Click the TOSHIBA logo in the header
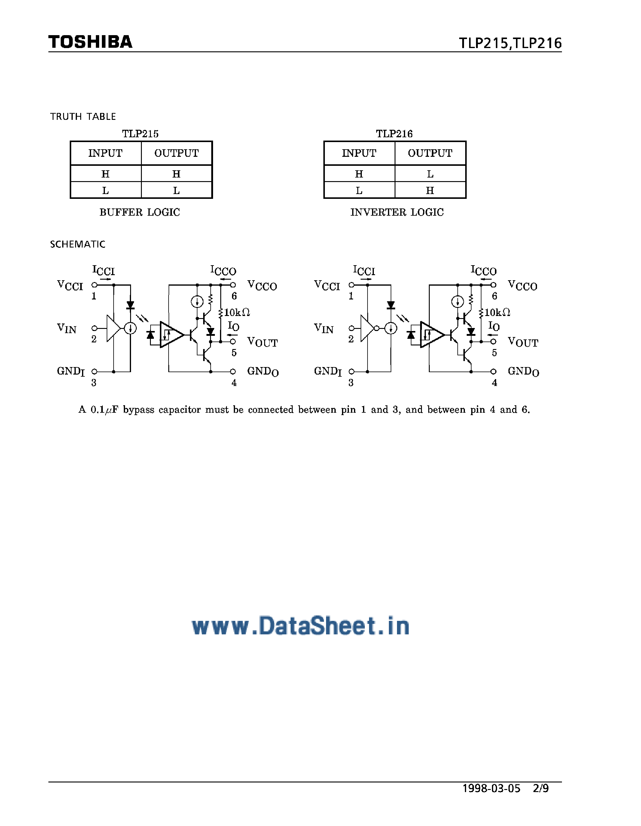coord(90,42)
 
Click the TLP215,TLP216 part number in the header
coord(510,43)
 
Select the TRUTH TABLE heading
coord(83,117)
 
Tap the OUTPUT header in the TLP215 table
coord(176,153)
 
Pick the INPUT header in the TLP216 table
coord(359,153)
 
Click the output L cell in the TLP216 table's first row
coord(430,174)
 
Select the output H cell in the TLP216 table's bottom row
coord(430,191)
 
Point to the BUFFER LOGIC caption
coord(140,212)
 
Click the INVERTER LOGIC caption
coord(397,212)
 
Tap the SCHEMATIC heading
coord(78,244)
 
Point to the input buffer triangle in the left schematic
coord(113,328)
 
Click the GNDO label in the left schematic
coord(263,371)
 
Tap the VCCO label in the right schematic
coord(522,286)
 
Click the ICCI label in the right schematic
coord(364,271)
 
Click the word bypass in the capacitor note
coord(139,410)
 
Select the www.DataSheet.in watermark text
coord(301,626)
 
